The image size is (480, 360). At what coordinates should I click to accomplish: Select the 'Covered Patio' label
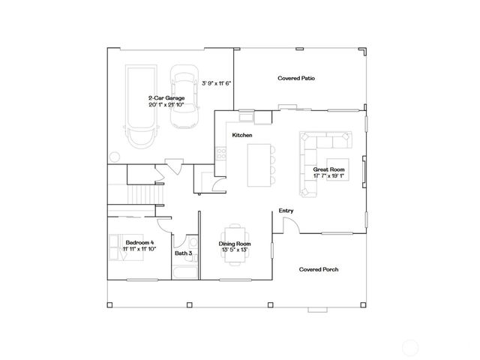pos(295,78)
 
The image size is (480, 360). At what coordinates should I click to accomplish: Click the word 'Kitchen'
pos(241,135)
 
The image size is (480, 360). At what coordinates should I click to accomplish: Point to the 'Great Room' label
pos(328,170)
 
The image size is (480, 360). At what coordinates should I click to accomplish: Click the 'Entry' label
pos(286,211)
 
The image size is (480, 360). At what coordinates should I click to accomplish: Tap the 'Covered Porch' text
pos(316,268)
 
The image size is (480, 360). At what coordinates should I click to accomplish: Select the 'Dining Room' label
pos(235,244)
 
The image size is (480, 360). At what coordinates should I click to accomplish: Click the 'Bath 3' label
pos(184,253)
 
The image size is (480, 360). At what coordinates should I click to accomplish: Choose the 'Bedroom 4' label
pos(139,242)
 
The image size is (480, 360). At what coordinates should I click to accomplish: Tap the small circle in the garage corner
pos(114,157)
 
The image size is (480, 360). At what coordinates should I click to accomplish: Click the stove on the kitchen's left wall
pos(221,154)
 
